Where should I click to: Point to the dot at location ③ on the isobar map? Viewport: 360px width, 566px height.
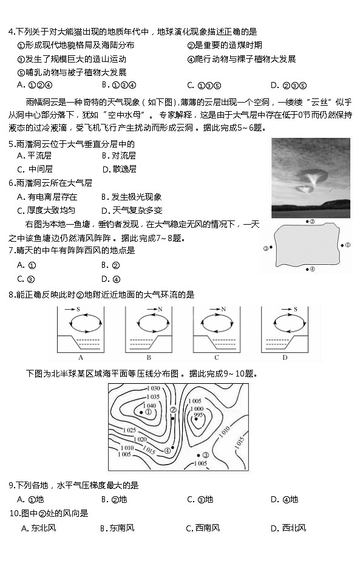[x=198, y=455]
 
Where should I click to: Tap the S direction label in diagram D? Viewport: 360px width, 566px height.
[x=294, y=309]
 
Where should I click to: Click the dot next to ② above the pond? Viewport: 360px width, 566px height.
[x=308, y=222]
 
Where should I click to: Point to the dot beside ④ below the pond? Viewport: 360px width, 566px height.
[x=308, y=268]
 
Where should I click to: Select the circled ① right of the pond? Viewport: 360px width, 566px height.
[x=348, y=245]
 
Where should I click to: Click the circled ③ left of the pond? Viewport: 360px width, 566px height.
[x=265, y=248]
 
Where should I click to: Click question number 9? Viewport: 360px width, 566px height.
[x=12, y=485]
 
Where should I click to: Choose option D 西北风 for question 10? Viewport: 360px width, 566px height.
[x=288, y=528]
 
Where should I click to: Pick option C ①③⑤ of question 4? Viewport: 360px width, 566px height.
[x=204, y=85]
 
